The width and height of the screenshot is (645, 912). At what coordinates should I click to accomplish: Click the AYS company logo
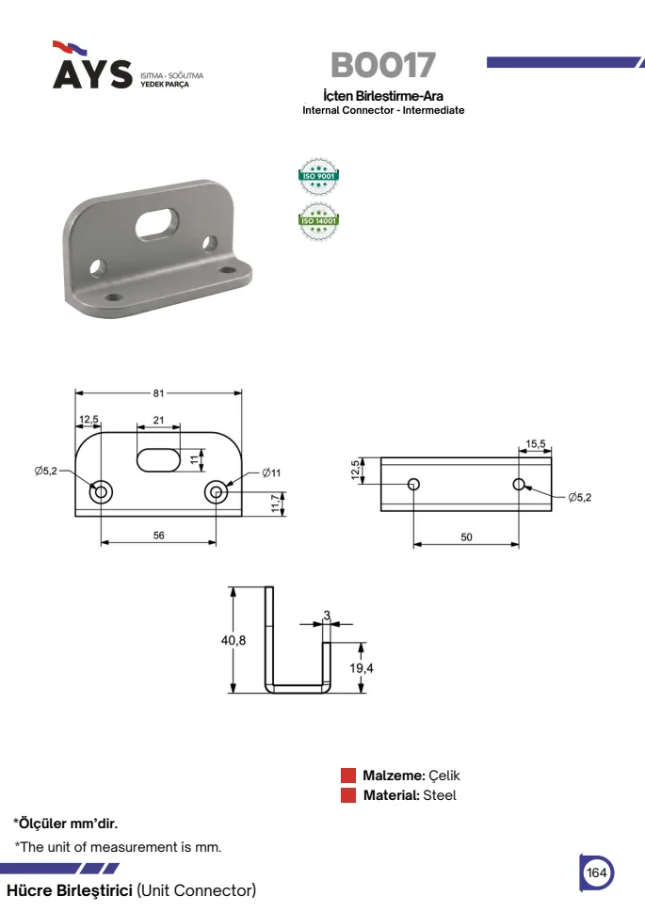pyautogui.click(x=128, y=66)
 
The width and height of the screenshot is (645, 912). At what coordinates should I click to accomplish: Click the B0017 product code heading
pyautogui.click(x=383, y=65)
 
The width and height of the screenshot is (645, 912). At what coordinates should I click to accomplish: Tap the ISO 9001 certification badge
pyautogui.click(x=318, y=176)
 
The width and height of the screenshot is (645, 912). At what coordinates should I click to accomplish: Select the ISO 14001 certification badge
pyautogui.click(x=318, y=221)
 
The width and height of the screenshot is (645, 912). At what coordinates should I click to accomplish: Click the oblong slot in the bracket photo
pyautogui.click(x=156, y=222)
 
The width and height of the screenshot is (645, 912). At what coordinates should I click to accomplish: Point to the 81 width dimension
pyautogui.click(x=158, y=393)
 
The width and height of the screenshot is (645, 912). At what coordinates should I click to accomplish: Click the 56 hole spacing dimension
pyautogui.click(x=158, y=536)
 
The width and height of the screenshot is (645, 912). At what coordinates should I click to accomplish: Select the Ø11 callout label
pyautogui.click(x=271, y=472)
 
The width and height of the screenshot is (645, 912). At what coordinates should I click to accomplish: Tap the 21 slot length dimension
pyautogui.click(x=158, y=420)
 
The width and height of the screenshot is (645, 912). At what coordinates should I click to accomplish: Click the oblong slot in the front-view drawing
pyautogui.click(x=158, y=459)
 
